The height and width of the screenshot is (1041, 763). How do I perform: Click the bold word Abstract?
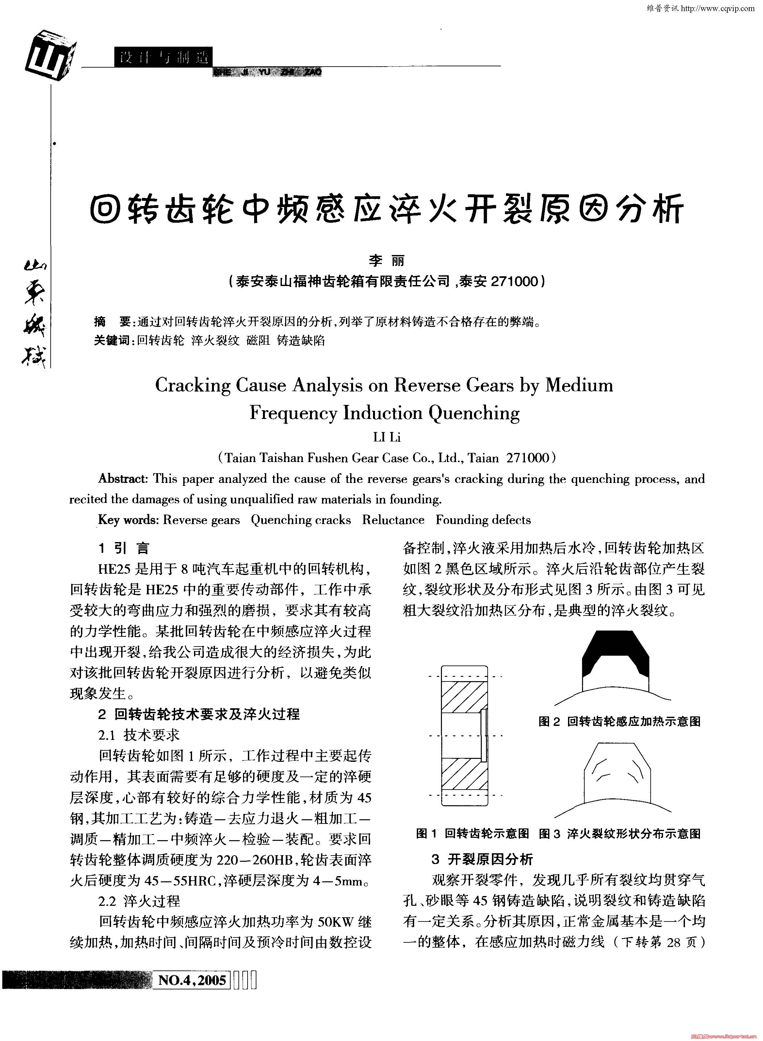pyautogui.click(x=122, y=479)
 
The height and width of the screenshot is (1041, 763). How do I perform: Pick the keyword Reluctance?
pyautogui.click(x=393, y=520)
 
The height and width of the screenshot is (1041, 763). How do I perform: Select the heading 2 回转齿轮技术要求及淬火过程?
pyautogui.click(x=199, y=714)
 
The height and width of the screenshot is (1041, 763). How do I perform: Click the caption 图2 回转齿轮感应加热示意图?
pyautogui.click(x=619, y=721)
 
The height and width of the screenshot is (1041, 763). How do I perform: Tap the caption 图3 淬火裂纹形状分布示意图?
pyautogui.click(x=619, y=833)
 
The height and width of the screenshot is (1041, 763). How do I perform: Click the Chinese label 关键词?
pyautogui.click(x=113, y=341)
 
